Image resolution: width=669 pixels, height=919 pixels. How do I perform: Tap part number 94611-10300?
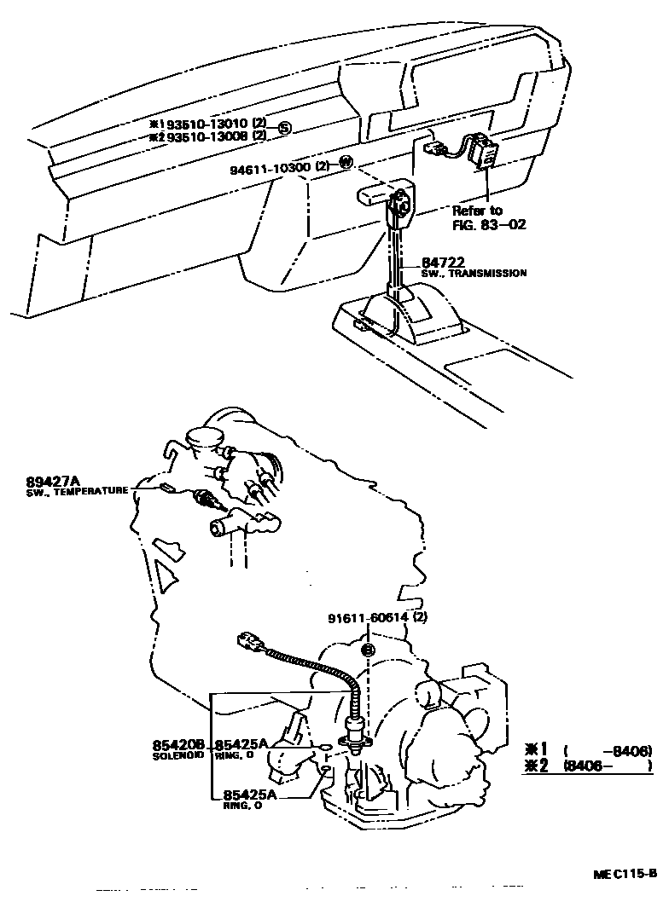[270, 168]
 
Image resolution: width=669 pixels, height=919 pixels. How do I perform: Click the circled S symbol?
[285, 129]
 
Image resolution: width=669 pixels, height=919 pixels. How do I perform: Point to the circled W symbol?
[346, 163]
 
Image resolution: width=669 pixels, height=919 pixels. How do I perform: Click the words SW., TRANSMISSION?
[473, 274]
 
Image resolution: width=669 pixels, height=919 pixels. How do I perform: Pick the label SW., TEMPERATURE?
[78, 491]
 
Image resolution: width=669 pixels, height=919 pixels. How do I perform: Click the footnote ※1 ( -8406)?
[588, 750]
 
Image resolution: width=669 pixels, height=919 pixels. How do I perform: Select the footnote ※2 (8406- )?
[588, 766]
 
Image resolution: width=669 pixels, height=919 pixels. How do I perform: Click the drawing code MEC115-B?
[625, 874]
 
